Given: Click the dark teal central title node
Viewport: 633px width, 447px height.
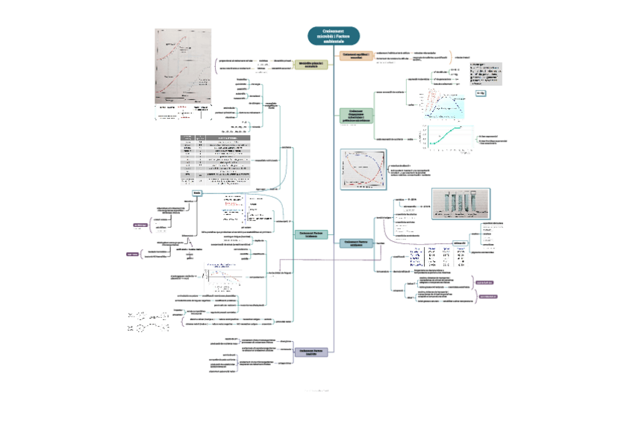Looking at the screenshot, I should coord(333,36).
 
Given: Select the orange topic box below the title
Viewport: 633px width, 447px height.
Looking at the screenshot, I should coord(355,56).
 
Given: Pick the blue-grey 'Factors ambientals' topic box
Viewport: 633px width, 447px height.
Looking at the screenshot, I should coord(357,243).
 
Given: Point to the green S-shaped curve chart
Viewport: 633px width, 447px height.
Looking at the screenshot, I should coord(448,135).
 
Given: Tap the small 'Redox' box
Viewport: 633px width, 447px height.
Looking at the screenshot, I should coord(197,193).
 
